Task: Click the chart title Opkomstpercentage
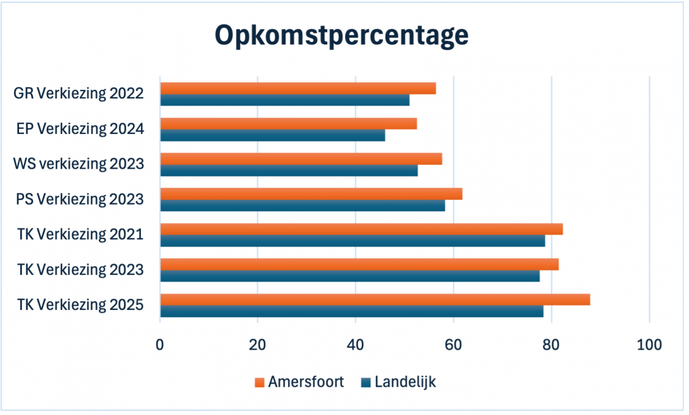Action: [341, 36]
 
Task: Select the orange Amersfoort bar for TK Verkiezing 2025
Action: [375, 299]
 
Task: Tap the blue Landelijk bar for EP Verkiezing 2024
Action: [273, 135]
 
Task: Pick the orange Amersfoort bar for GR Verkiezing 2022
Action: [298, 89]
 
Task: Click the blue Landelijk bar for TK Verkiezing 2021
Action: [352, 241]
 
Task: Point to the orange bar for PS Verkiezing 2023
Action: [311, 194]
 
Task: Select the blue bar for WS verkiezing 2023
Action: [289, 170]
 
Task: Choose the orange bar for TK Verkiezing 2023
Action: [359, 264]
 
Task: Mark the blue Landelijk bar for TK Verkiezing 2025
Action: [351, 312]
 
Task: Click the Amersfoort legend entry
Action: [299, 382]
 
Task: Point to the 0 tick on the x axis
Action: [160, 345]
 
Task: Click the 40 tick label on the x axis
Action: [356, 345]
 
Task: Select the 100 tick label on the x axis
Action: [650, 345]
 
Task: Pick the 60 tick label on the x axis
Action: [453, 345]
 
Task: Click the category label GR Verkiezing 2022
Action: [79, 94]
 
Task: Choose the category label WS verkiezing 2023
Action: [79, 164]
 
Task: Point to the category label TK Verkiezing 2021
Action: [81, 234]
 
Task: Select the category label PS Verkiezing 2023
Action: [80, 199]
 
